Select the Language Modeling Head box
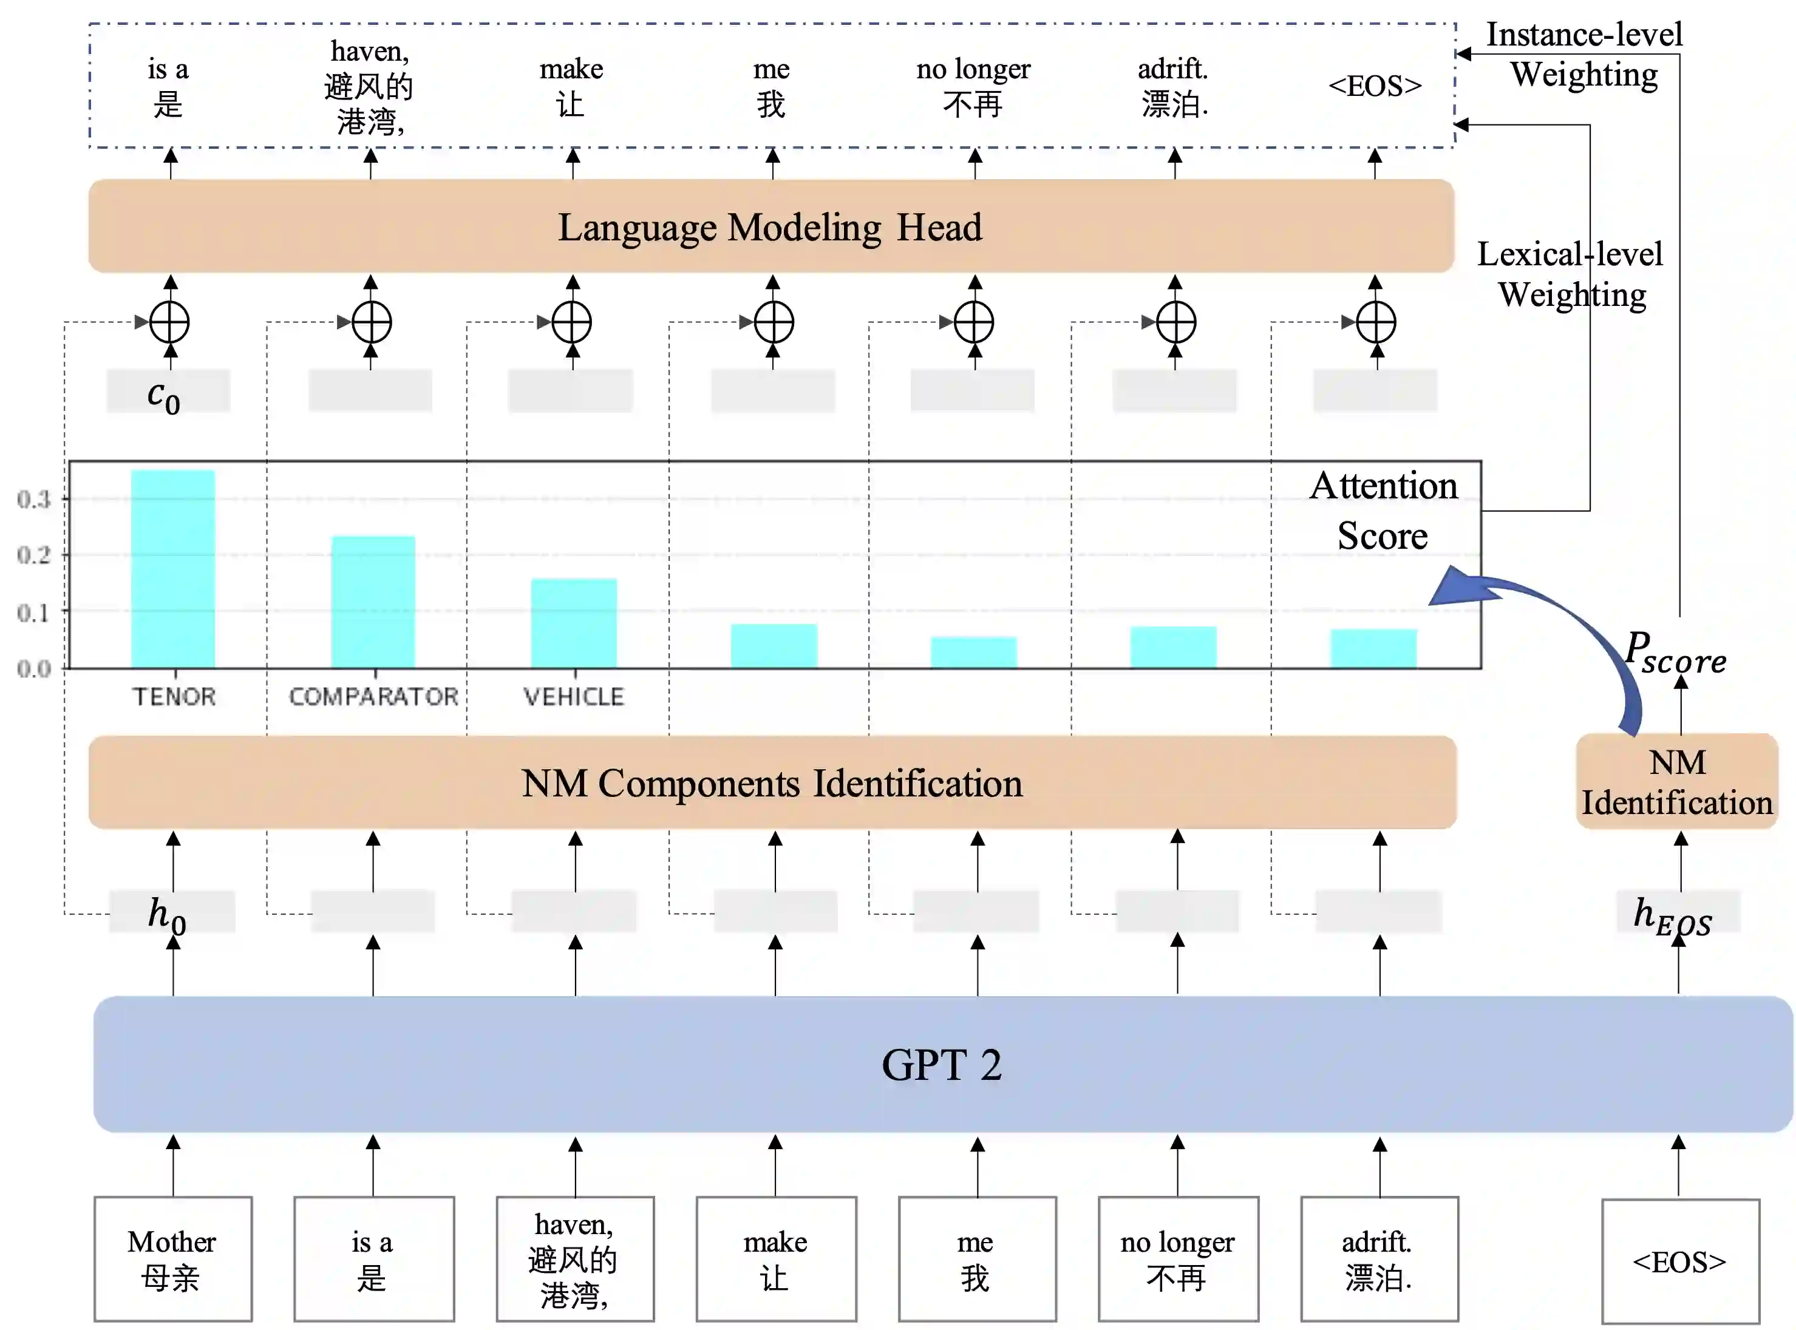pyautogui.click(x=770, y=226)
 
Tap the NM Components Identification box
pyautogui.click(x=772, y=782)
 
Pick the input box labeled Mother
pyautogui.click(x=172, y=1259)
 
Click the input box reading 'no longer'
pyautogui.click(x=1177, y=1259)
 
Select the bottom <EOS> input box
pyautogui.click(x=1679, y=1261)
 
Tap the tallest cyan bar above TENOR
pyautogui.click(x=172, y=568)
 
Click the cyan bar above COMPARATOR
pyautogui.click(x=373, y=602)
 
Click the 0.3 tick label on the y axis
pyautogui.click(x=34, y=499)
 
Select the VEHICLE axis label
pyautogui.click(x=573, y=696)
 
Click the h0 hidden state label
pyautogui.click(x=168, y=914)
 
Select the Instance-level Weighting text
pyautogui.click(x=1583, y=54)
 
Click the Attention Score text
pyautogui.click(x=1383, y=511)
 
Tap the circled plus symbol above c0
pyautogui.click(x=170, y=322)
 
